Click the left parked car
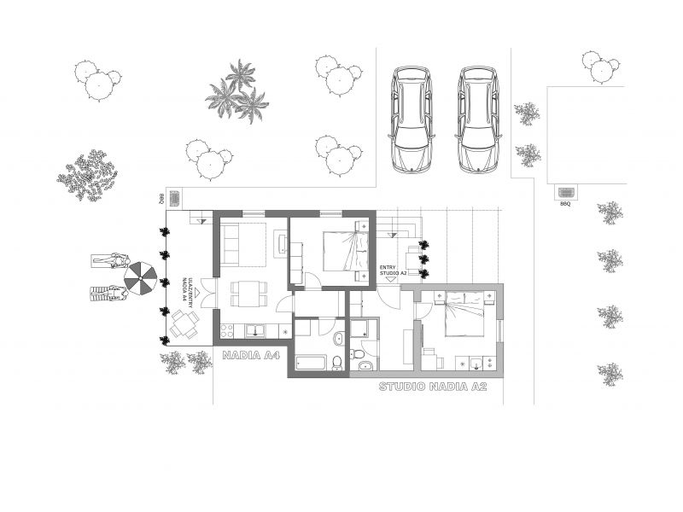pyautogui.click(x=411, y=119)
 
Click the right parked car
pyautogui.click(x=476, y=119)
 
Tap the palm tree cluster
pyautogui.click(x=236, y=92)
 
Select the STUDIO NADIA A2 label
pyautogui.click(x=432, y=387)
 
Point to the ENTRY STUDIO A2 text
pyautogui.click(x=389, y=270)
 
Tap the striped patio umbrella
pyautogui.click(x=141, y=277)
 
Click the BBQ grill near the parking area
pyautogui.click(x=565, y=193)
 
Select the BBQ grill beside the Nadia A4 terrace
pyautogui.click(x=174, y=197)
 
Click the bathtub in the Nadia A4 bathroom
pyautogui.click(x=312, y=363)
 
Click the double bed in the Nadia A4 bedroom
pyautogui.click(x=347, y=251)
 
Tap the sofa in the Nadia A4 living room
pyautogui.click(x=231, y=243)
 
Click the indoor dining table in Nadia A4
pyautogui.click(x=248, y=294)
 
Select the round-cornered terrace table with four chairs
pyautogui.click(x=184, y=323)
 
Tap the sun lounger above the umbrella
pyautogui.click(x=110, y=261)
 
